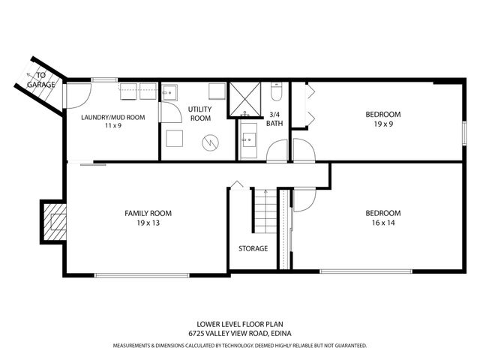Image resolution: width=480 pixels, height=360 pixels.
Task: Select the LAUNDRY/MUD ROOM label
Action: (112, 118)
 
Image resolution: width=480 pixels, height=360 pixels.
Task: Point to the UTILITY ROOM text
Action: (200, 114)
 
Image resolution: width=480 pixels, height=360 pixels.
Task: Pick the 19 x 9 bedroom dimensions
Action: (382, 125)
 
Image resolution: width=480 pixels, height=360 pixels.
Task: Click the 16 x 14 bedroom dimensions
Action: (383, 223)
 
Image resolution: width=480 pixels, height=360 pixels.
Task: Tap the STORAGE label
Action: (253, 248)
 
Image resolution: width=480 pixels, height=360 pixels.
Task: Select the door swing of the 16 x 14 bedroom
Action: (304, 199)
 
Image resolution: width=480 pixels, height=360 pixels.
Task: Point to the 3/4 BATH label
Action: (276, 118)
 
